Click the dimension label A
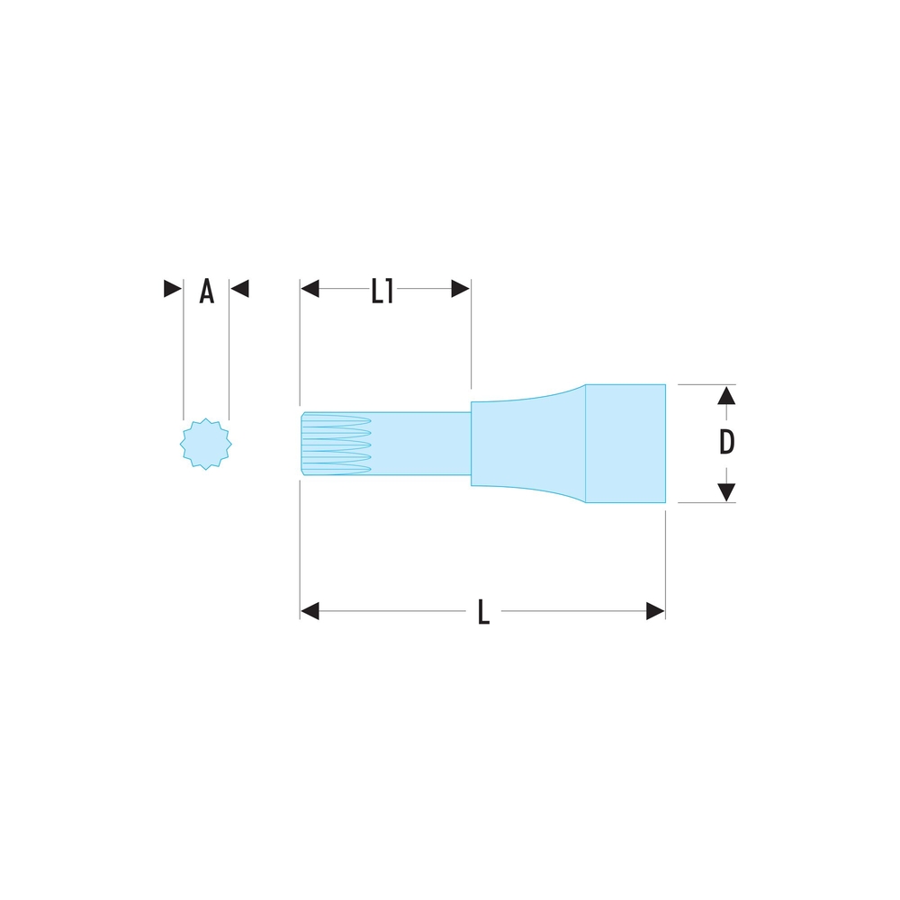(x=207, y=291)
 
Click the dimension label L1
(x=382, y=291)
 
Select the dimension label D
(x=726, y=442)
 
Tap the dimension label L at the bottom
(x=484, y=612)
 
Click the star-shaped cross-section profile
(x=205, y=445)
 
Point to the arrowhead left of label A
(x=173, y=289)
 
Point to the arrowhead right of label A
(x=239, y=289)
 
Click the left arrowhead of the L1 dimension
(x=310, y=289)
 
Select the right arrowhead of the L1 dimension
(x=460, y=289)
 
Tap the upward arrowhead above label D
(x=726, y=395)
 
